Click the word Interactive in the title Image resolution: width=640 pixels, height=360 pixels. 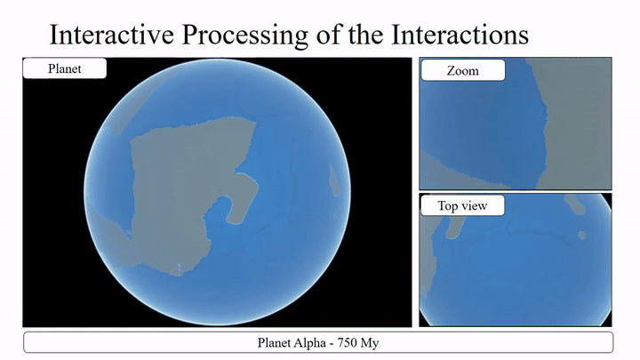111,34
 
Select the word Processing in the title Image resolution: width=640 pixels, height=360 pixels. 245,36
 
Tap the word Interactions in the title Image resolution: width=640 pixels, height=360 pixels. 460,34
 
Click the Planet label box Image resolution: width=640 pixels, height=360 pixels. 65,68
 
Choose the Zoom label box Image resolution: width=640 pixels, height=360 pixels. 463,70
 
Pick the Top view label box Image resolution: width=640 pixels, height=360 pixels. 462,205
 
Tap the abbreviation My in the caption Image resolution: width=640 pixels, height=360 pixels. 370,343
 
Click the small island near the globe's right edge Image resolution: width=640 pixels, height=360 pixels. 335,180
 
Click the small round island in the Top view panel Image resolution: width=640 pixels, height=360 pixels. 582,236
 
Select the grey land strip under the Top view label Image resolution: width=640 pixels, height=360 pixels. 455,227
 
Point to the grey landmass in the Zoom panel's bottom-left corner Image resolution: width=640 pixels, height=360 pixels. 456,175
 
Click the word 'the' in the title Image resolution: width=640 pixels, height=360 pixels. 365,34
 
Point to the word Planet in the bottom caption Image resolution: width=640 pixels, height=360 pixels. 274,342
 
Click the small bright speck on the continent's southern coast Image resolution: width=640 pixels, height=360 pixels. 180,268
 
